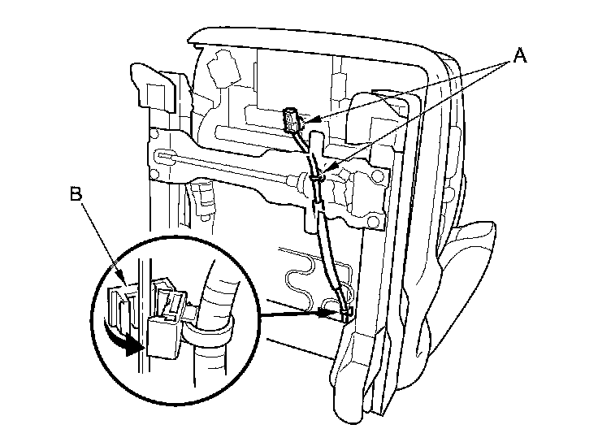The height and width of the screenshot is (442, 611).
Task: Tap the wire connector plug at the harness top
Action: [290, 120]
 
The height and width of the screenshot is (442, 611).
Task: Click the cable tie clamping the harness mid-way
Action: [318, 173]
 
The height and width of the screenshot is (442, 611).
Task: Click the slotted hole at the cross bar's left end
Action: [166, 157]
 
